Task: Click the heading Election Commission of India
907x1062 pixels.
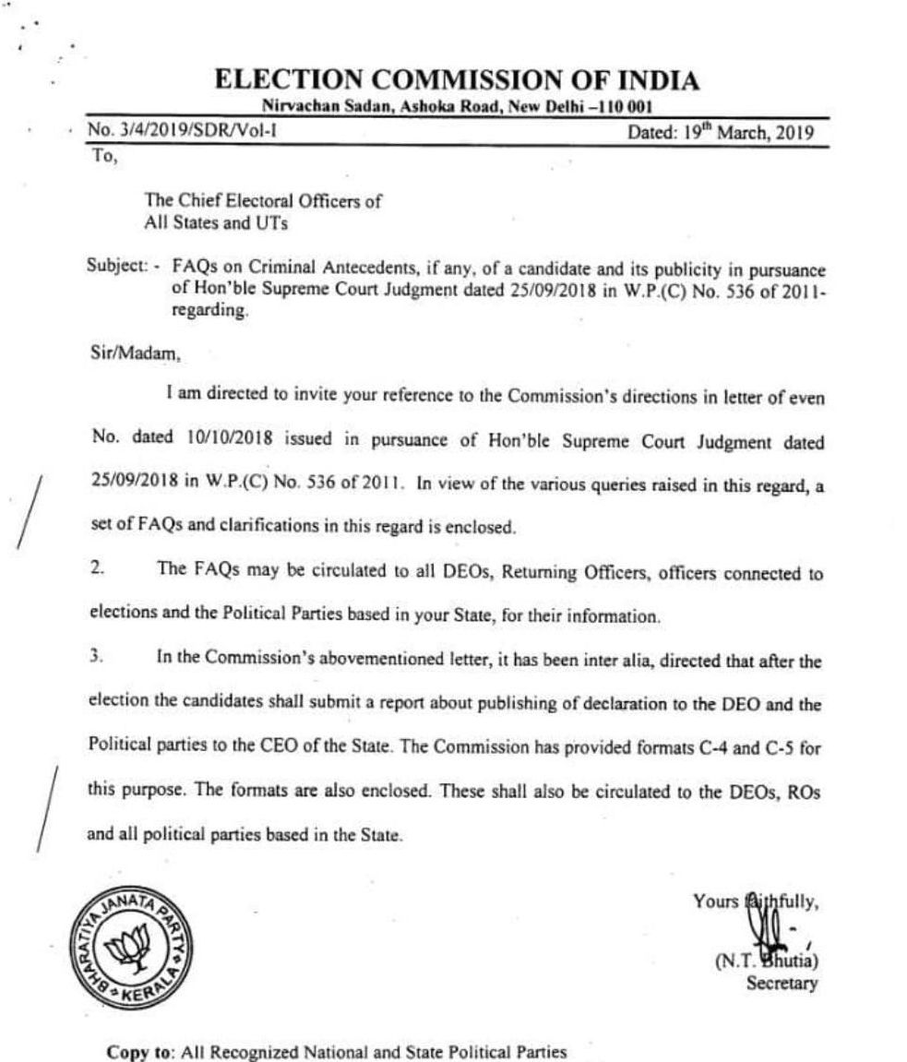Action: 456,81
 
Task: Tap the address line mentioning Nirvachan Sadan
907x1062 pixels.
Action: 456,107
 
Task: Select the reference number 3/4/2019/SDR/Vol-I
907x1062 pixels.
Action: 182,131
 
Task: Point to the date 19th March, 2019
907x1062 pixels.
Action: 720,131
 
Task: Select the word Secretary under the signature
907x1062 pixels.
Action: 782,984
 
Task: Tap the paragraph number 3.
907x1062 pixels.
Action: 95,658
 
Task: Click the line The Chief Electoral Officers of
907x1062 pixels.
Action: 263,201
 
